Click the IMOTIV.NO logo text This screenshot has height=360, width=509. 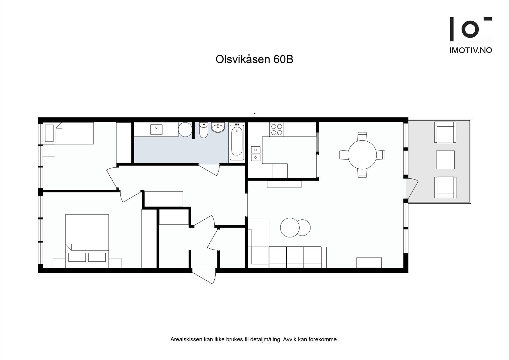[470, 50]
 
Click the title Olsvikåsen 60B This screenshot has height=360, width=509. [254, 60]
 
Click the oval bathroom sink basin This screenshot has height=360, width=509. [218, 128]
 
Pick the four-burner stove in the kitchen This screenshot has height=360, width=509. [276, 130]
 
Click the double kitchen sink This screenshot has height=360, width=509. [255, 153]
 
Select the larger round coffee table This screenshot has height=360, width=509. [290, 227]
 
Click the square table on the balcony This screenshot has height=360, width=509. [445, 160]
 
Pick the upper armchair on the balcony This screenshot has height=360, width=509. [445, 132]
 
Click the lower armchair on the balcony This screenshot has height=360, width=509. [445, 187]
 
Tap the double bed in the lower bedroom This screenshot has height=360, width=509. [87, 239]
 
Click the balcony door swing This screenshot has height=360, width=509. [413, 189]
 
